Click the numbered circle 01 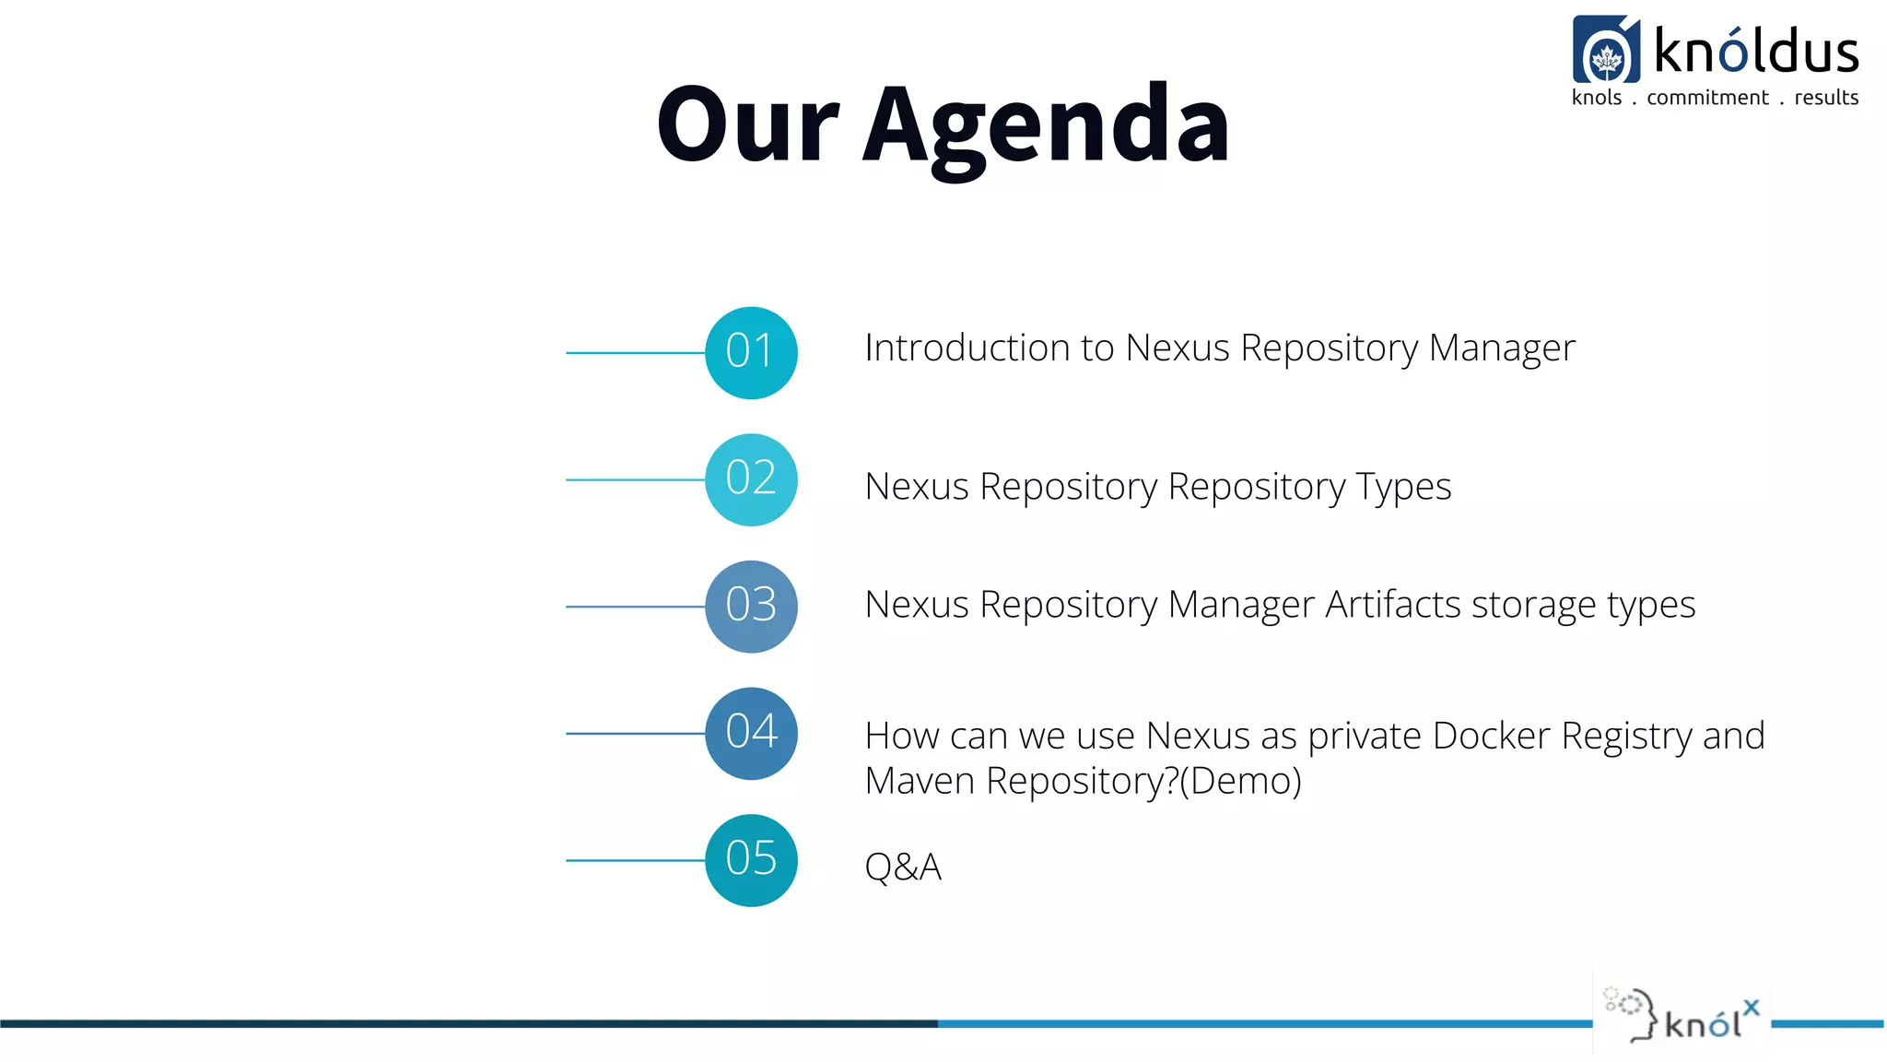coord(751,352)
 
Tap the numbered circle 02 coord(751,479)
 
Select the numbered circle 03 coord(751,607)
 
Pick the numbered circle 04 coord(751,734)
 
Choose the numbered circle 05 coord(751,860)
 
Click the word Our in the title coord(747,124)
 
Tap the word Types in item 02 coord(1402,487)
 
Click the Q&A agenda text coord(902,867)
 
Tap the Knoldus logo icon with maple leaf coord(1606,50)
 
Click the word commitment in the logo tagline coord(1706,98)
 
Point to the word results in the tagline coord(1825,98)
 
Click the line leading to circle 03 coord(635,607)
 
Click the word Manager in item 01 coord(1501,348)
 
